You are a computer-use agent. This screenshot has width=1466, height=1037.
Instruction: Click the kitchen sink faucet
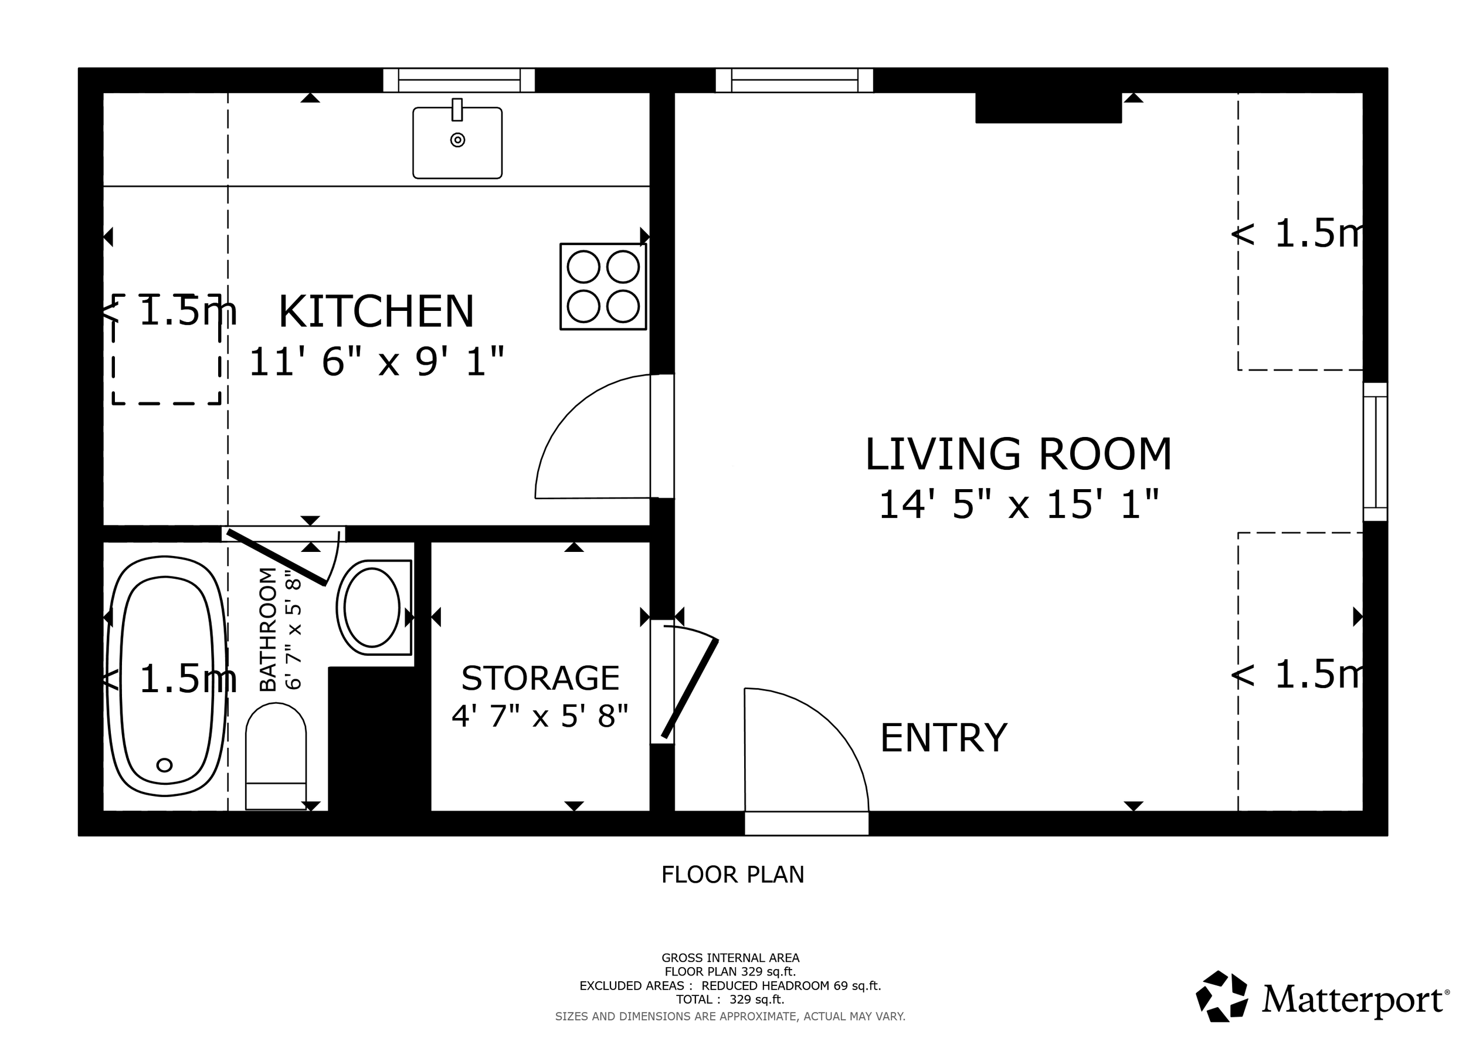[457, 110]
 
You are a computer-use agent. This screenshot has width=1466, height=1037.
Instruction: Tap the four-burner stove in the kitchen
[603, 286]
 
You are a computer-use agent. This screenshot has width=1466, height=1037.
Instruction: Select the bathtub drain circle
[164, 764]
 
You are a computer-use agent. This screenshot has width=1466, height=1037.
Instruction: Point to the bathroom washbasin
[373, 607]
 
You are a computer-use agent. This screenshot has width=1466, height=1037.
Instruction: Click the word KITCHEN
[376, 311]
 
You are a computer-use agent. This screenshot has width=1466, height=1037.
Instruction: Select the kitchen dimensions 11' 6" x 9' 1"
[376, 362]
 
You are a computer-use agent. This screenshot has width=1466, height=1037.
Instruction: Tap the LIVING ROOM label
[1018, 455]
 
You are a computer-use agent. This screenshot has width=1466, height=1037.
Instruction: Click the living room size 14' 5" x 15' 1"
[1018, 504]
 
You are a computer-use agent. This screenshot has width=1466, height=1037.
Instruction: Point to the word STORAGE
[540, 678]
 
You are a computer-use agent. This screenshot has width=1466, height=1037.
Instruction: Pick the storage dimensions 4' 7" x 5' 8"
[540, 716]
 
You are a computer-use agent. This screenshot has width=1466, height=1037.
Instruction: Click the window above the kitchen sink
[459, 80]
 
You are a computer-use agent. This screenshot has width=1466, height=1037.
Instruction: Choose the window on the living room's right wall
[1375, 452]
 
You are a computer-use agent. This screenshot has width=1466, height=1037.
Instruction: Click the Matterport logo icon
[1221, 996]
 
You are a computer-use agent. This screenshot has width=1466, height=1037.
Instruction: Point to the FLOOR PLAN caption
[732, 874]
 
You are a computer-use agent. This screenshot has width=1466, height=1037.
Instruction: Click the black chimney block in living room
[1048, 107]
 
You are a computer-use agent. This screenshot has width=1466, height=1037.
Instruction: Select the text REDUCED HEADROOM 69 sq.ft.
[790, 985]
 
